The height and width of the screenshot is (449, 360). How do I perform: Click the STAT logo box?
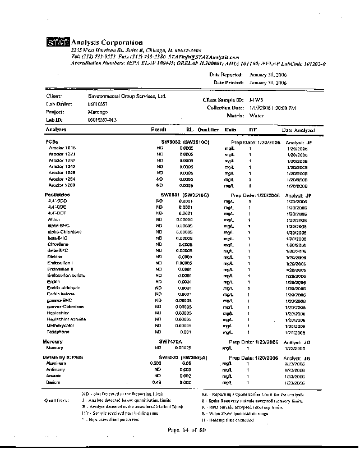point(58,43)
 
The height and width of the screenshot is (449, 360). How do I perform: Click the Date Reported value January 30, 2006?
point(267,75)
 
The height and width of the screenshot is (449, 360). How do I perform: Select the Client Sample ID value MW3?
point(256,99)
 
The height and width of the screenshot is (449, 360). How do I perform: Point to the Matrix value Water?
point(256,116)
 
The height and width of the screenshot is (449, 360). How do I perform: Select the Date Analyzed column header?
point(298,130)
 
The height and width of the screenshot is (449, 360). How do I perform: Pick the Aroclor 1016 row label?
point(62,148)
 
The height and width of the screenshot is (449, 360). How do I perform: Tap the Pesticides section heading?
point(57,195)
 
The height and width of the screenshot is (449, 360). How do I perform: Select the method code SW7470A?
point(172,341)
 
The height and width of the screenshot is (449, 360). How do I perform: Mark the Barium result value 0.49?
point(149,382)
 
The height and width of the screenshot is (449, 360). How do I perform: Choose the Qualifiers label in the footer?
point(56,400)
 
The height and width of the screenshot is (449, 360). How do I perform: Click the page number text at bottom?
point(188,430)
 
